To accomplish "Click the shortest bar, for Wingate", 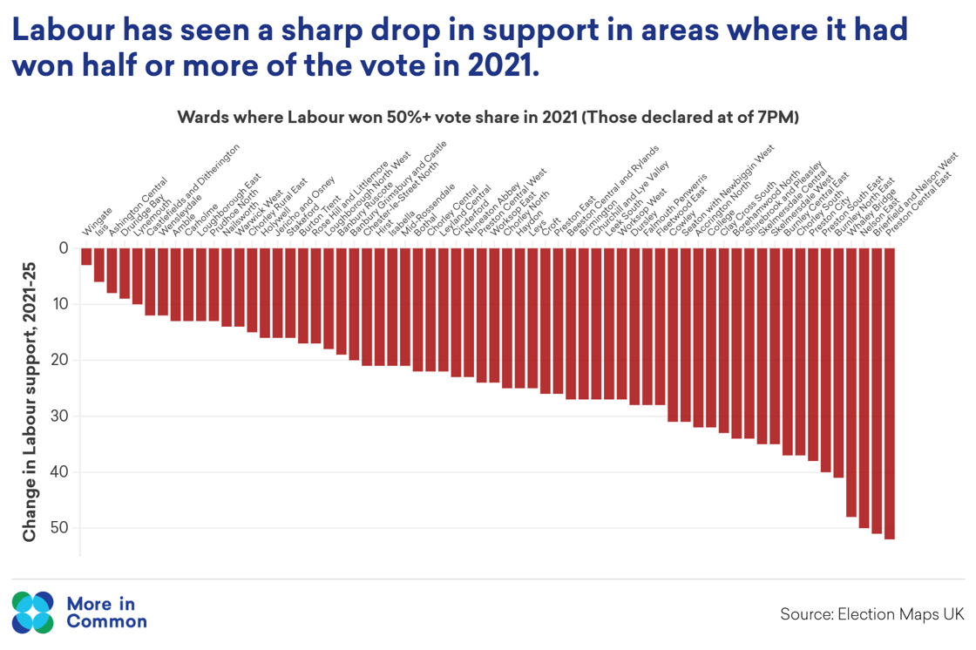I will pos(86,256).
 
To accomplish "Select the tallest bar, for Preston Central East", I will pos(890,393).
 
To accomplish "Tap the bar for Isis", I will pos(99,265).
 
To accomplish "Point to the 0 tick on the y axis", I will pos(63,248).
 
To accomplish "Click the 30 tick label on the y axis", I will pos(62,416).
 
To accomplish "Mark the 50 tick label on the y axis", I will pos(62,528).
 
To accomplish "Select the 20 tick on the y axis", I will pos(62,360).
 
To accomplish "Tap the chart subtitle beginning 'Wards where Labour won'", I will pos(488,117).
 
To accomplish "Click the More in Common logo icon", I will pos(33,612).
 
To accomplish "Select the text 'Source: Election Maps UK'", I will pos(871,614).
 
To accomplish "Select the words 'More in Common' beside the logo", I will pos(106,612).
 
